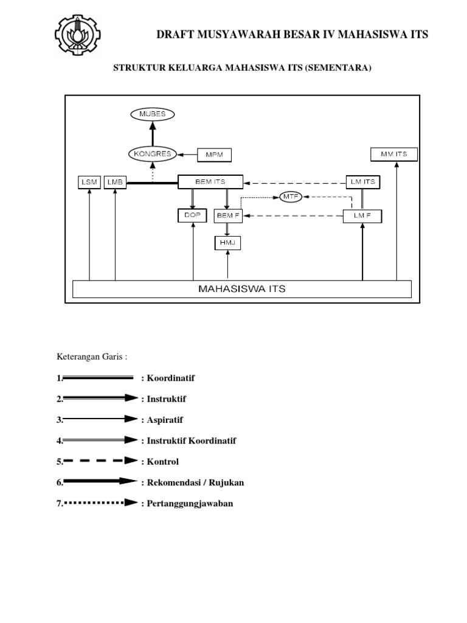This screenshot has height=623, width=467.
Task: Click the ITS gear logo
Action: tap(77, 35)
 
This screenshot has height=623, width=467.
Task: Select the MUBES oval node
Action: tap(153, 114)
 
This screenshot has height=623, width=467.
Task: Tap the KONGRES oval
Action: tap(153, 154)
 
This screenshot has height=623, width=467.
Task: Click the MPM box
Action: tap(215, 155)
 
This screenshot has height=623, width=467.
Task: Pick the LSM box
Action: tap(89, 183)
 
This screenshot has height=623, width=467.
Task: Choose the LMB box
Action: tap(115, 183)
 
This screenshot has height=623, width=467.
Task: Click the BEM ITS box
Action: tap(210, 182)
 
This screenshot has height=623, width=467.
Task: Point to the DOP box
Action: tap(192, 215)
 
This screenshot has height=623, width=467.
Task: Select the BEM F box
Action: tap(228, 216)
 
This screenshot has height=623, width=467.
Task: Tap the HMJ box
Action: tap(227, 243)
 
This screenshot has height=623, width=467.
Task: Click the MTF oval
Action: tap(291, 197)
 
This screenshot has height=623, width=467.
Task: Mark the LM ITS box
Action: tap(363, 182)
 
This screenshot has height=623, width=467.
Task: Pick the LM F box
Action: tap(362, 216)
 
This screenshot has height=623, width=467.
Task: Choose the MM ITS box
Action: tap(394, 154)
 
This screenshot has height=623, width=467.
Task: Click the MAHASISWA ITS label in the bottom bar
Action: tap(242, 289)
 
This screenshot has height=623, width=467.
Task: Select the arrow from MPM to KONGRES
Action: tap(187, 155)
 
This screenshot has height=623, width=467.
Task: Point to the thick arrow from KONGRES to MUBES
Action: tap(153, 134)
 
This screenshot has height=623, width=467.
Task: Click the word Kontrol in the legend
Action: tap(163, 462)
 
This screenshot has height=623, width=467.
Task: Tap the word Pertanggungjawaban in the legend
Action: tap(190, 503)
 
